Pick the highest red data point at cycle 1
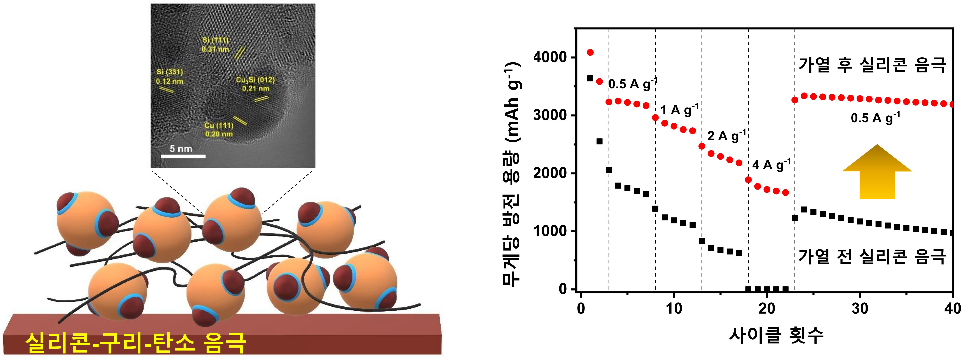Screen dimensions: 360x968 tap(590, 52)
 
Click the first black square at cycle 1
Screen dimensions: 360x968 tap(590, 78)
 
